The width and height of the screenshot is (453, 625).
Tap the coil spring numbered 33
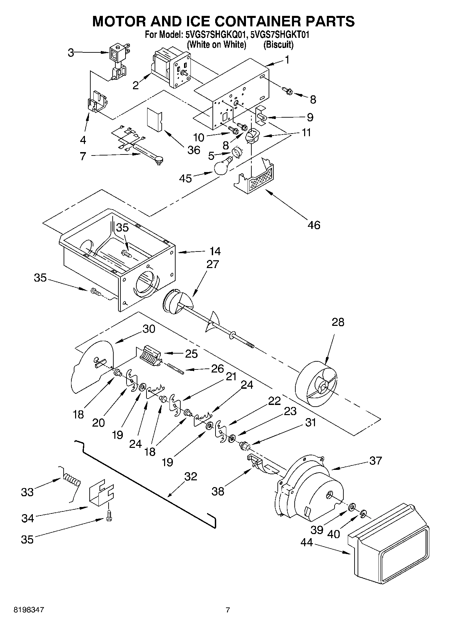72,480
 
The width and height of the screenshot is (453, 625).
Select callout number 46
314,225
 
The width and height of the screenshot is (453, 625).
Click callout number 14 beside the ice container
215,251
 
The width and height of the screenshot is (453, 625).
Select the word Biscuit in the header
278,44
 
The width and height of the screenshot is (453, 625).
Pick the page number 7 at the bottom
228,610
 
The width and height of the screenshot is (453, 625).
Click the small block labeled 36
155,119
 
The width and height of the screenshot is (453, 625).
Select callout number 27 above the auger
212,264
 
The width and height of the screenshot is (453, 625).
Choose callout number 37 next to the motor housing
375,460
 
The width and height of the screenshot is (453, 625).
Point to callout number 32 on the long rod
190,476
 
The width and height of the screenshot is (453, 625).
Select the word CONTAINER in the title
254,21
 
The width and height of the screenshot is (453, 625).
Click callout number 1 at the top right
287,60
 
